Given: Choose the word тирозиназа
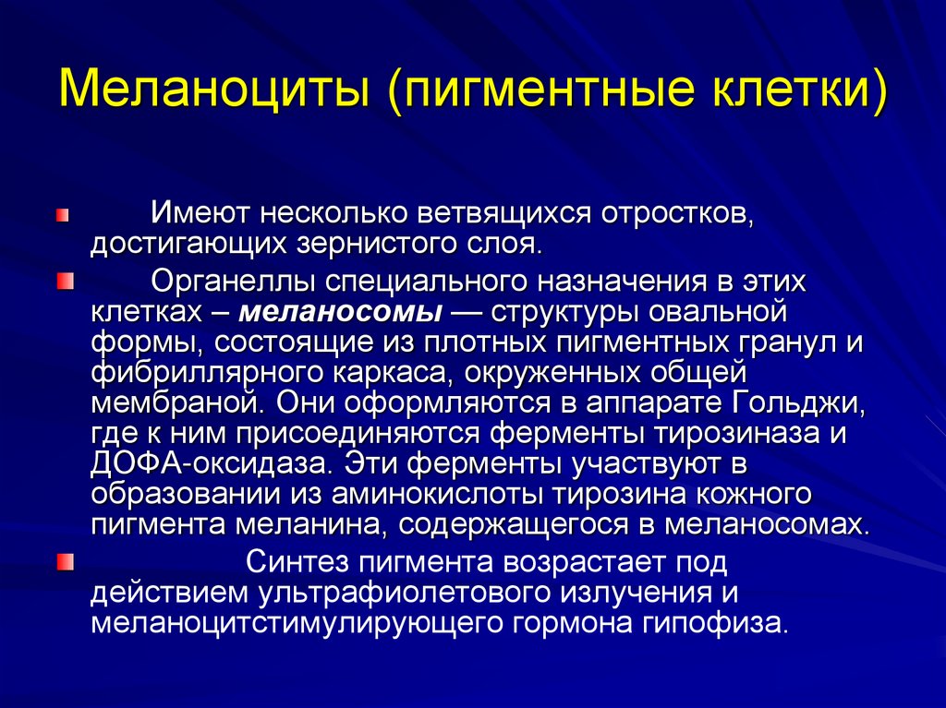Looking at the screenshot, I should click(748, 434).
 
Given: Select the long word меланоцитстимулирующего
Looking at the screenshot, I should click(292, 623).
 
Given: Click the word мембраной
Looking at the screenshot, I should click(173, 403).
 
